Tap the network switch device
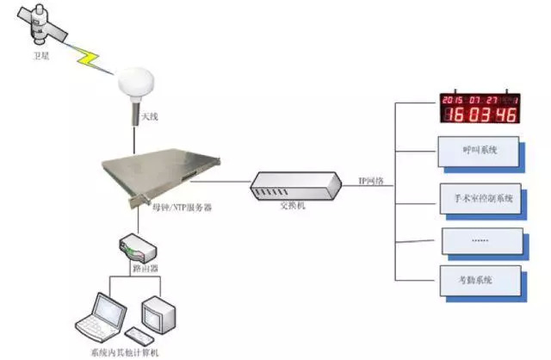[x=288, y=183]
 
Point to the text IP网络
[x=371, y=182]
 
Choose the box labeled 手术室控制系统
[x=480, y=199]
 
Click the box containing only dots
[x=480, y=239]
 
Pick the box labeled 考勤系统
[x=480, y=281]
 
